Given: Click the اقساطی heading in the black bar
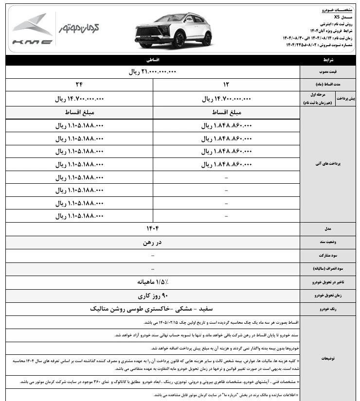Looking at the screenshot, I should [153, 60].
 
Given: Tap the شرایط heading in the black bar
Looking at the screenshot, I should [329, 60].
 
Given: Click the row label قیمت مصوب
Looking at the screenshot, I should [329, 72].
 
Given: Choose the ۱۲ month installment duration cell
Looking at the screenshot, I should [226, 85].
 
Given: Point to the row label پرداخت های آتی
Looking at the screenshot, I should [329, 164].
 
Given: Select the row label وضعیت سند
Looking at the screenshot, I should [329, 242].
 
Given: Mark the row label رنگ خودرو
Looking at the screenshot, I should [329, 309].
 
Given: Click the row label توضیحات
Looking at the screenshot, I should [329, 359].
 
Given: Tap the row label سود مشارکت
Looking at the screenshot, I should [329, 255].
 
